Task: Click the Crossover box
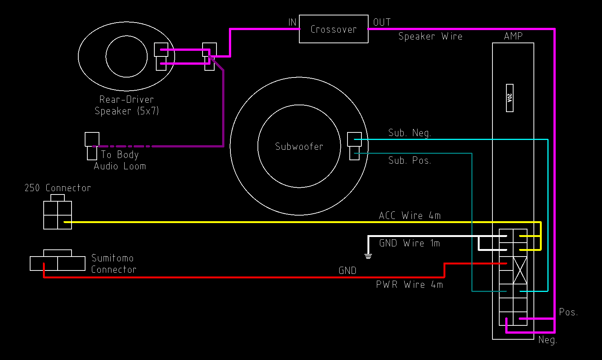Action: pyautogui.click(x=334, y=29)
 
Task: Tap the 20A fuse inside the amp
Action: pyautogui.click(x=509, y=98)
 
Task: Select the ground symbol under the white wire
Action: pyautogui.click(x=368, y=256)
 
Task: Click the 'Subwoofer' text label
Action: pyautogui.click(x=299, y=146)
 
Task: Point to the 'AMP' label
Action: pyautogui.click(x=513, y=36)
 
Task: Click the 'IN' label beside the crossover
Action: pyautogui.click(x=293, y=22)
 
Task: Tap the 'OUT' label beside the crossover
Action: pyautogui.click(x=382, y=22)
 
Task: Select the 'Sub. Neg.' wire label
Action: pyautogui.click(x=410, y=133)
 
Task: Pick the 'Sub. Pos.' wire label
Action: pyautogui.click(x=410, y=160)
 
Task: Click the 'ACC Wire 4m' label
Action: pyautogui.click(x=410, y=216)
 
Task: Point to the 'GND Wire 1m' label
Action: pyautogui.click(x=410, y=243)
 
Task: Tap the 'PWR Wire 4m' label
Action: pyautogui.click(x=410, y=284)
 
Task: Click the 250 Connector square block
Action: pyautogui.click(x=58, y=215)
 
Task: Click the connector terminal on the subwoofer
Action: pyautogui.click(x=354, y=146)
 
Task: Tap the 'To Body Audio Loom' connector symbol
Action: pyautogui.click(x=92, y=146)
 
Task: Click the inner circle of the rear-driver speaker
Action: pyautogui.click(x=126, y=56)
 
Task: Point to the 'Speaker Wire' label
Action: pyautogui.click(x=430, y=36)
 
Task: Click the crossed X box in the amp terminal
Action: pyautogui.click(x=520, y=270)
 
